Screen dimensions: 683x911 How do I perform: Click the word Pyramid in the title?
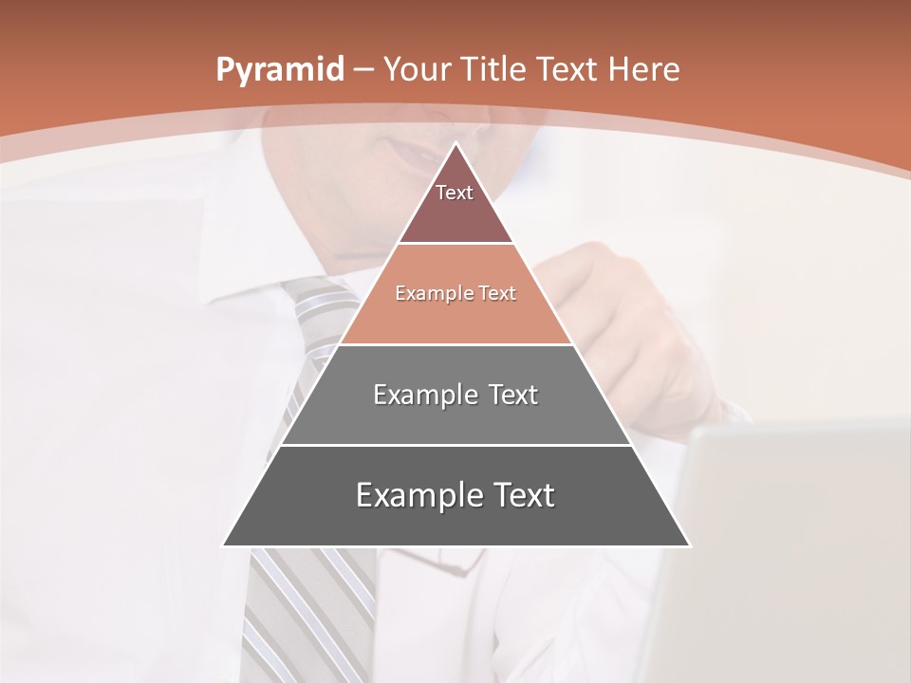coord(279,70)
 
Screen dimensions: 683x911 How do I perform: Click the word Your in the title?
coord(418,69)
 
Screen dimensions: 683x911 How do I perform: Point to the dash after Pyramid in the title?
coord(363,70)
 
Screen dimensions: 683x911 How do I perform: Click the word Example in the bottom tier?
coord(418,495)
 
